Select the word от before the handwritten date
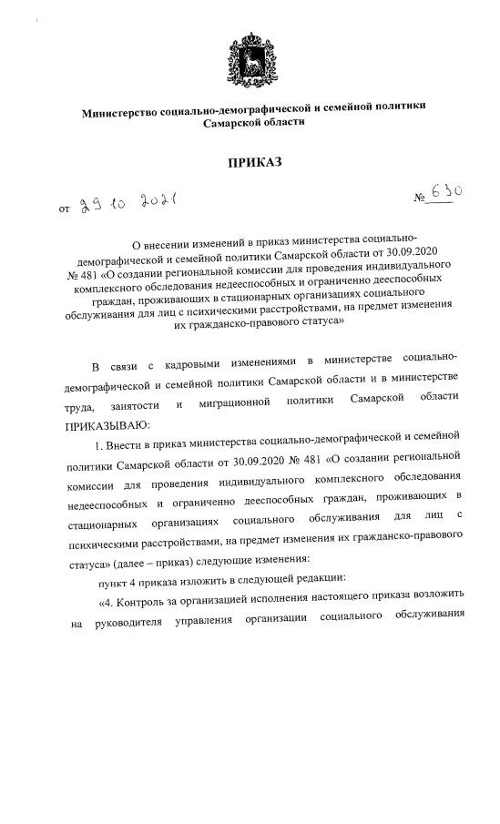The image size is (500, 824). tap(64, 209)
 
